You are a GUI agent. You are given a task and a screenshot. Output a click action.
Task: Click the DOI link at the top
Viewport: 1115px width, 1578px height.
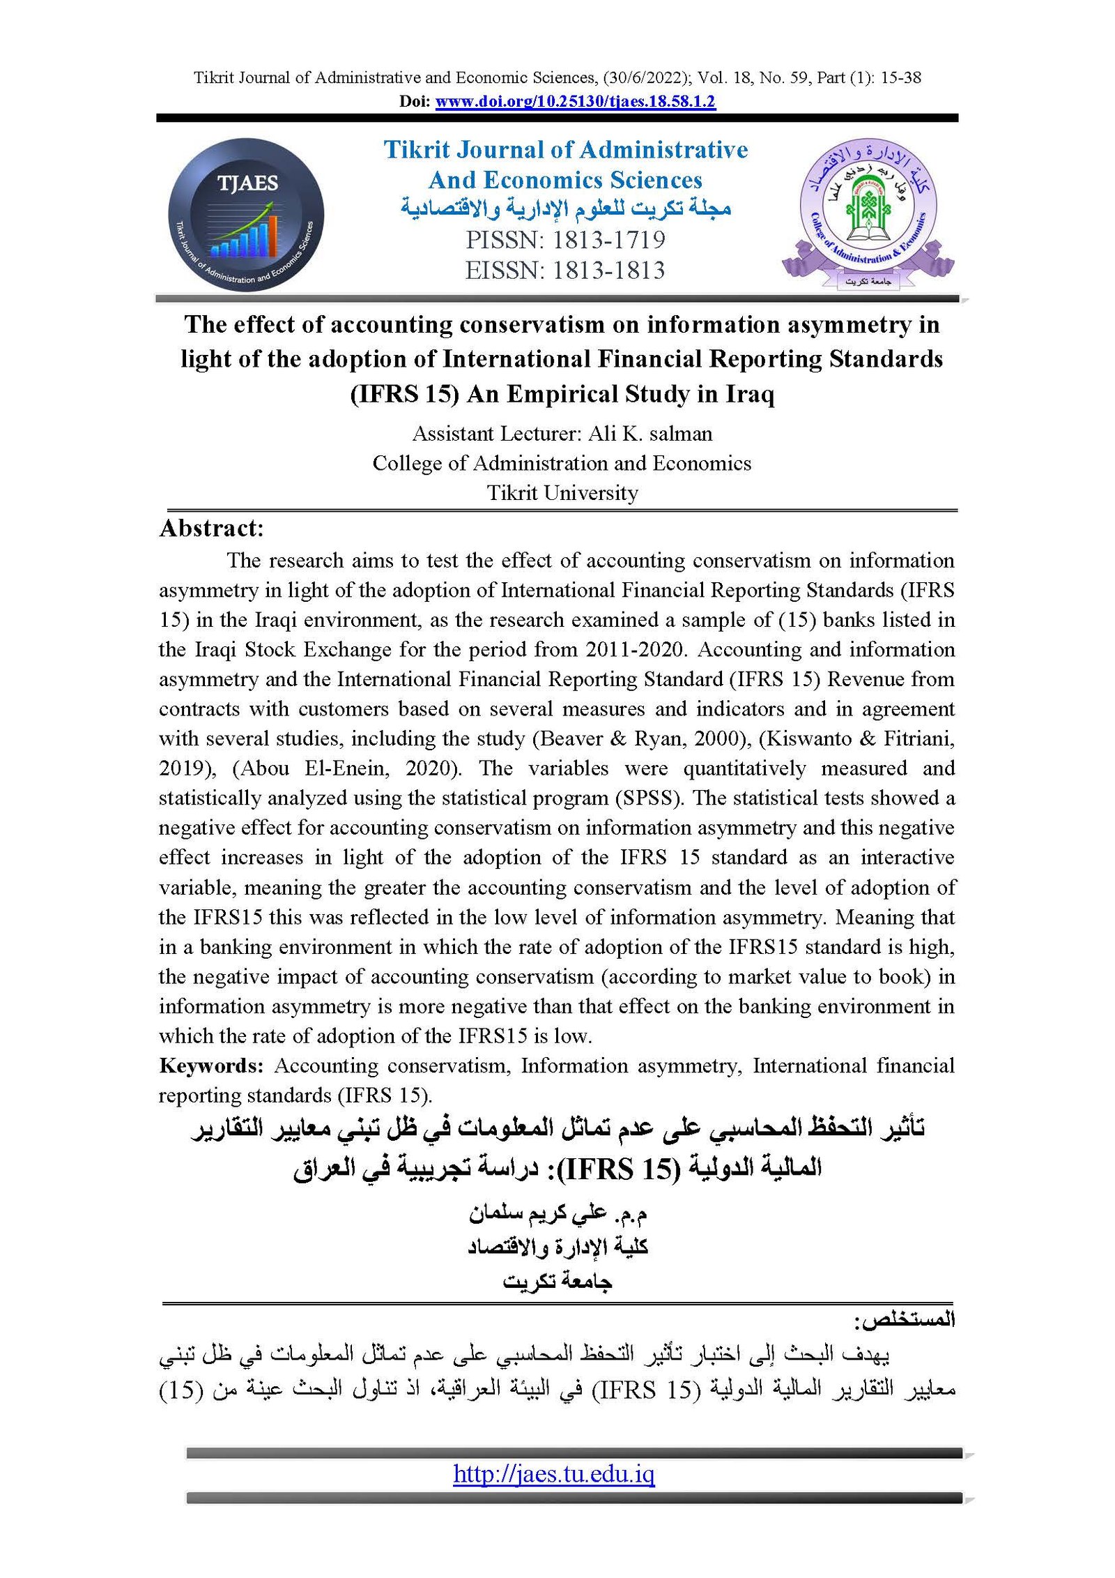click(575, 102)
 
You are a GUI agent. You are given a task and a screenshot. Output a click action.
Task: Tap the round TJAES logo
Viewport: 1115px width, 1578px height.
click(246, 215)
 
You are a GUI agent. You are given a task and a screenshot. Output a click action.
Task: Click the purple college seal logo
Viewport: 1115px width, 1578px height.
click(868, 213)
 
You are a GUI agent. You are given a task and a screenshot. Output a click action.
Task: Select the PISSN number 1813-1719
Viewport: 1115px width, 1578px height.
click(608, 240)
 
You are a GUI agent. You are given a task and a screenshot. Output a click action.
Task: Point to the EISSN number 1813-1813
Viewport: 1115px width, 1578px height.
click(608, 271)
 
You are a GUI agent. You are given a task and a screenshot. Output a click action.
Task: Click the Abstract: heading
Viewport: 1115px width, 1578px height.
click(212, 529)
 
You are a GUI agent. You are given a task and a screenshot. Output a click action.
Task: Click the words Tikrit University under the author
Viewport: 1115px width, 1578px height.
click(562, 493)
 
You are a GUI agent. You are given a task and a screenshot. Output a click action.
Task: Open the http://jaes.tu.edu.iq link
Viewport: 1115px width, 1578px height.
click(554, 1473)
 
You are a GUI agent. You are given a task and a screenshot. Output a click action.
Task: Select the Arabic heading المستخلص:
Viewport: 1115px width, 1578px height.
click(905, 1320)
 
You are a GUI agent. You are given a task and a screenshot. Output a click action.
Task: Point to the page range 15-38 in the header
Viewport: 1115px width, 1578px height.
click(901, 77)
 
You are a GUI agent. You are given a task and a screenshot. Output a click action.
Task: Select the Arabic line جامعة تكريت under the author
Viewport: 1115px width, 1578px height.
click(557, 1281)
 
